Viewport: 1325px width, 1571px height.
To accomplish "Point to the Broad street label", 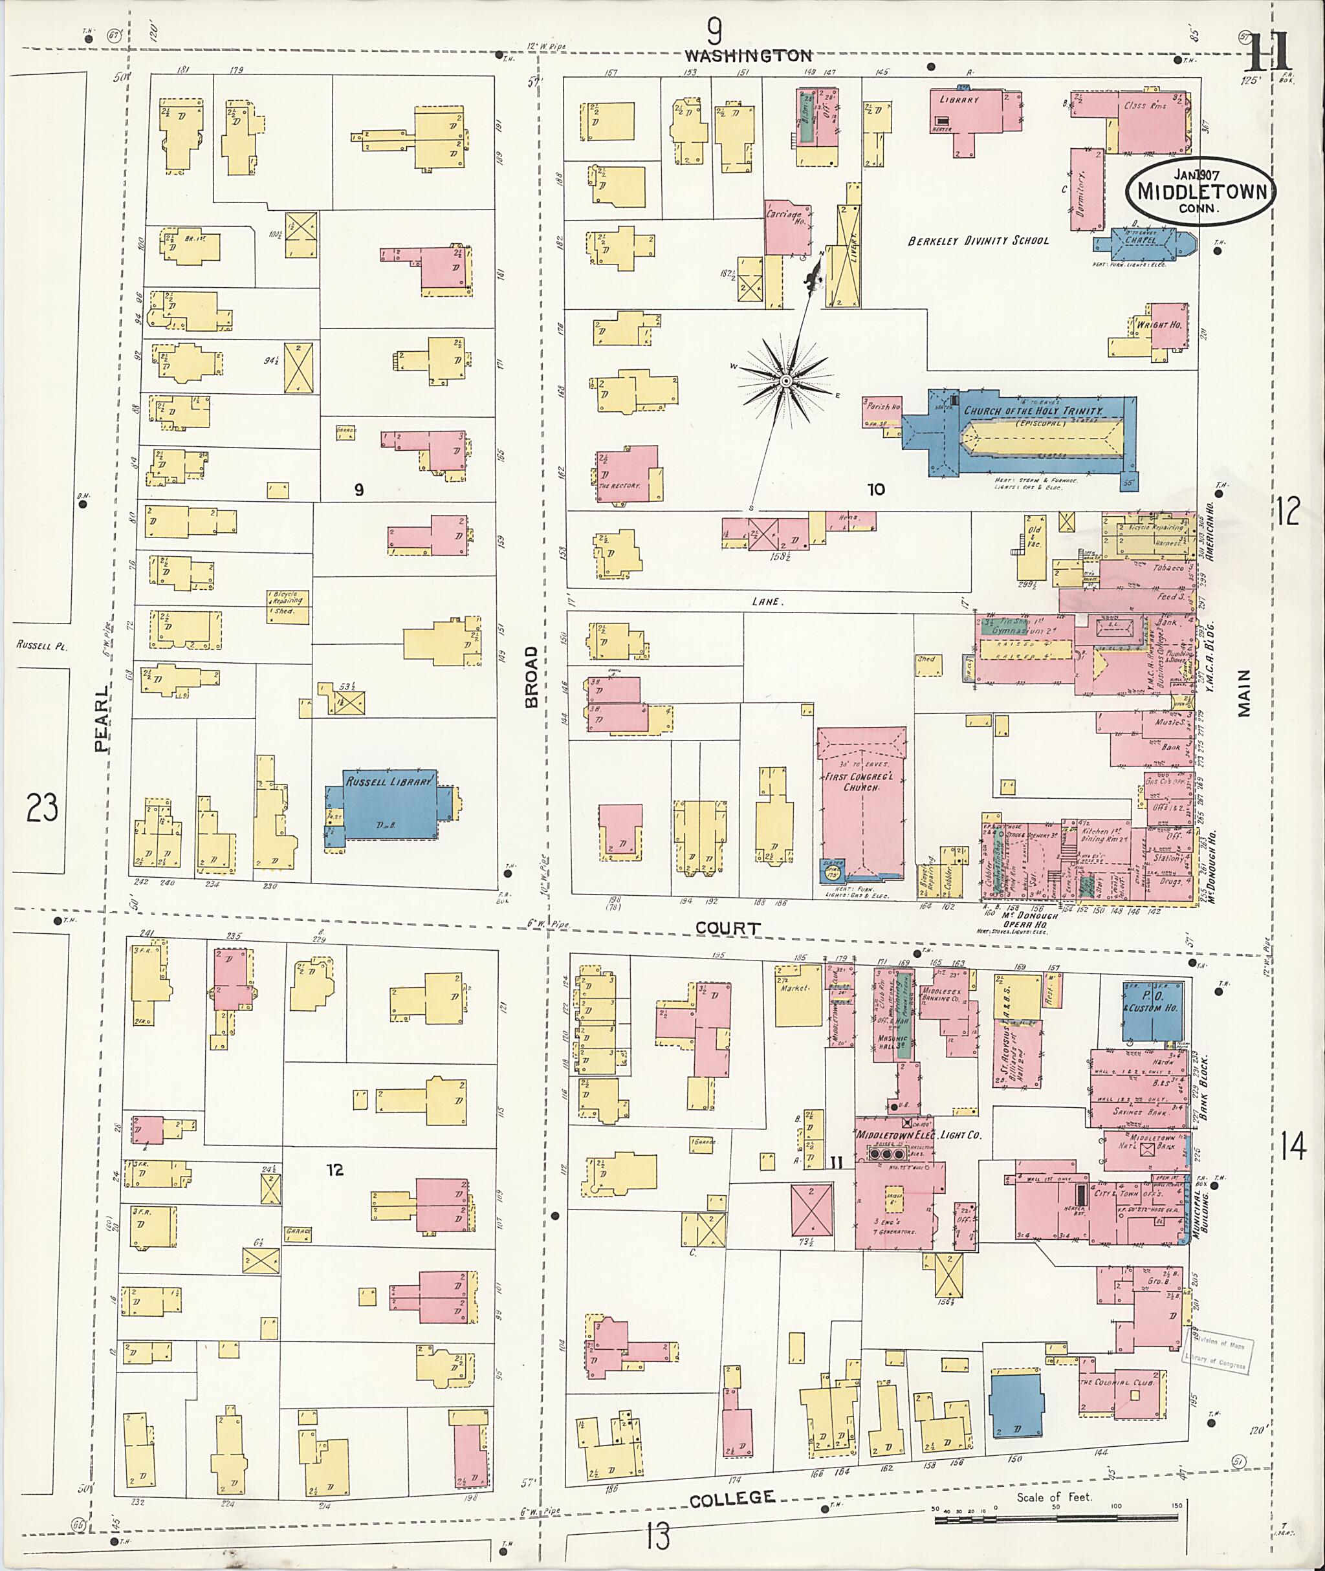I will [532, 677].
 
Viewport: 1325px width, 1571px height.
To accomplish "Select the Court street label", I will [727, 928].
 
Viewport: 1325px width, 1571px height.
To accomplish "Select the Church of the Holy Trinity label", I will [1033, 411].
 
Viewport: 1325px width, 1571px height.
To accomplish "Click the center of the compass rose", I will [785, 382].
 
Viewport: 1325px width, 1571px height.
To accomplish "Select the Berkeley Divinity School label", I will [978, 241].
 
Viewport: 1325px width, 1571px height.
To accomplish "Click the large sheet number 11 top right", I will [1269, 51].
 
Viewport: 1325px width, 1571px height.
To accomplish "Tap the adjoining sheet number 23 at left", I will [41, 808].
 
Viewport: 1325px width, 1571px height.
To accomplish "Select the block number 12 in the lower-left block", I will [335, 1169].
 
